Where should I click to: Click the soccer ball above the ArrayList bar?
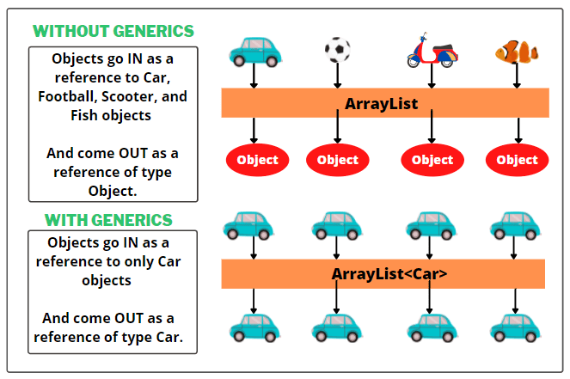coord(337,51)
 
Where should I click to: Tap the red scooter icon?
coord(432,52)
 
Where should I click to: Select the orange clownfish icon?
coord(517,52)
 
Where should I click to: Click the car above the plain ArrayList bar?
coord(255,52)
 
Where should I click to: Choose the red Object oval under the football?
coord(338,160)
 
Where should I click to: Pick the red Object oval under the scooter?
coord(432,160)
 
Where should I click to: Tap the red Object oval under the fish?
coord(517,160)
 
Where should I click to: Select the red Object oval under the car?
coord(257,160)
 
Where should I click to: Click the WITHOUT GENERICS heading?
coord(113,32)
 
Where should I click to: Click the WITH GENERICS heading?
coord(108,220)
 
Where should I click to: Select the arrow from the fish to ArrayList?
coord(518,76)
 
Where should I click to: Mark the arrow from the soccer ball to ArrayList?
coord(337,76)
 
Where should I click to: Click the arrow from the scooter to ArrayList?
coord(432,77)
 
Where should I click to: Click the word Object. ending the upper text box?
coord(112,190)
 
